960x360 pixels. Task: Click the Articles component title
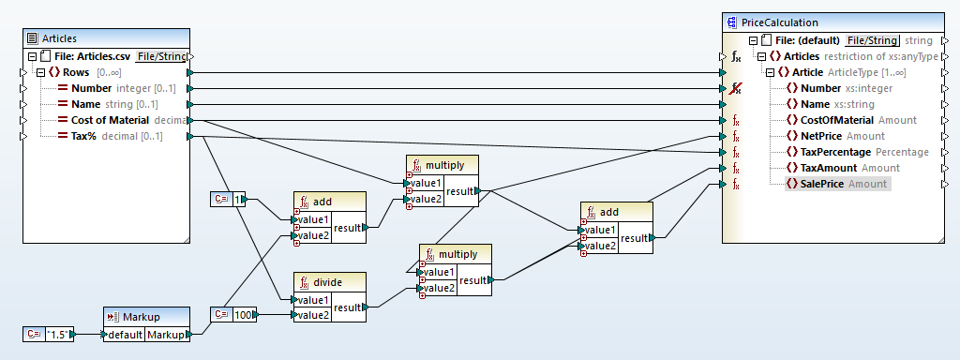(x=58, y=38)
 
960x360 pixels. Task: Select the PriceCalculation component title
(x=780, y=22)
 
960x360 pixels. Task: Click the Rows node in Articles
(x=76, y=72)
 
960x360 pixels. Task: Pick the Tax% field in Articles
(x=85, y=136)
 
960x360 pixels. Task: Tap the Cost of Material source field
(x=110, y=120)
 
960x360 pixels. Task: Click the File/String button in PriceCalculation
(x=872, y=40)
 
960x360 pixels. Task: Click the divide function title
(x=329, y=281)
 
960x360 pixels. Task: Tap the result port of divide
(x=349, y=307)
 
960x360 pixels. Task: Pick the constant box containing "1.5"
(x=57, y=334)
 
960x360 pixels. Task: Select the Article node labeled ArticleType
(x=808, y=72)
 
